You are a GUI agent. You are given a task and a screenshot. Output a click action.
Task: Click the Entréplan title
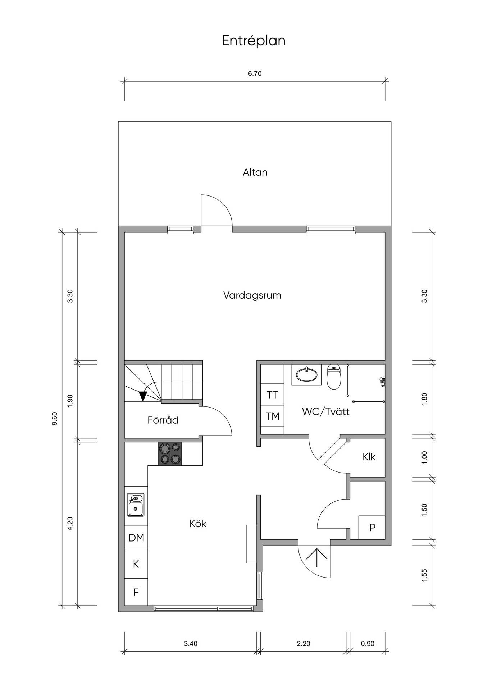point(254,41)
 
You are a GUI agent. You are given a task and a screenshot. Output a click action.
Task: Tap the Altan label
point(255,172)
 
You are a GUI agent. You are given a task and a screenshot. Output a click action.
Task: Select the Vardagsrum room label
point(252,296)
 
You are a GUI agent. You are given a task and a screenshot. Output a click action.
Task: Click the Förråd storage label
point(163,420)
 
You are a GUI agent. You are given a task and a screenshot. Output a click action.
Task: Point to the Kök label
point(198,524)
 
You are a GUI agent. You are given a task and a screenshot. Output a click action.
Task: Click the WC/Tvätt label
point(326,411)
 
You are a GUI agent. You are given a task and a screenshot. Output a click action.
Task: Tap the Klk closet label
point(369,457)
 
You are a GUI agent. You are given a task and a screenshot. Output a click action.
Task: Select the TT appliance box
point(272,395)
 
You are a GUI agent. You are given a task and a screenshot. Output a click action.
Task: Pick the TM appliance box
point(272,416)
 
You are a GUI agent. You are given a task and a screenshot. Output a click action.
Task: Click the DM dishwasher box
point(136,538)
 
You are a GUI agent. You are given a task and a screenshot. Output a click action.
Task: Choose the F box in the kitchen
point(136,592)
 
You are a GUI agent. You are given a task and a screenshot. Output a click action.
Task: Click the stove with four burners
point(170,454)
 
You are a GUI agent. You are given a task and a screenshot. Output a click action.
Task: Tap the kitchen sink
point(136,505)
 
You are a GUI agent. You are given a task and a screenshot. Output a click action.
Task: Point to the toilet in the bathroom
point(334,377)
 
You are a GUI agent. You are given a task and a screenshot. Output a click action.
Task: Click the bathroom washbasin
point(307,375)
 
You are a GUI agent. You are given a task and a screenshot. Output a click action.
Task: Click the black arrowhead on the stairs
point(143,396)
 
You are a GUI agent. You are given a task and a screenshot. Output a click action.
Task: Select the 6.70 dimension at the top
point(255,74)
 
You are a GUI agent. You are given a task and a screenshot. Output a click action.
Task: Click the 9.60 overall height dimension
point(55,419)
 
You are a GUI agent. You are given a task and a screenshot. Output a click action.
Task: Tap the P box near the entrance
point(373,527)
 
